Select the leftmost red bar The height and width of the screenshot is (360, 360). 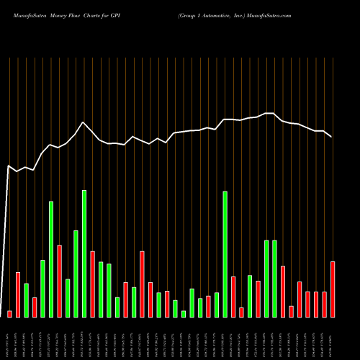[x=9, y=314]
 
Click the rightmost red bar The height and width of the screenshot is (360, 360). [x=333, y=289]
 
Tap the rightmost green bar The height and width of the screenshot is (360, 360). [x=274, y=278]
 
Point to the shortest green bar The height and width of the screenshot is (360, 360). [x=184, y=313]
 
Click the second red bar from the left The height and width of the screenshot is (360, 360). [x=18, y=294]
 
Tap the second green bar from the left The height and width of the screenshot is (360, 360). [x=42, y=288]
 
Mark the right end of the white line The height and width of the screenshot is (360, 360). [x=332, y=137]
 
